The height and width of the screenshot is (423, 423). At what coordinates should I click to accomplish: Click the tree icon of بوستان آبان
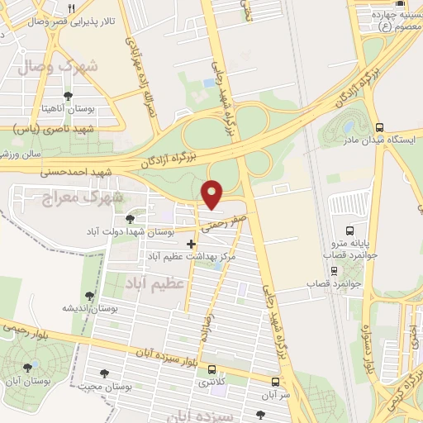tap(28, 368)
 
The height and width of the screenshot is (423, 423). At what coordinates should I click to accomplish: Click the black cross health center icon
tap(192, 244)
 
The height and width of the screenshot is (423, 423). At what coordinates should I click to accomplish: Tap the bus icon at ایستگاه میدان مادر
tap(379, 127)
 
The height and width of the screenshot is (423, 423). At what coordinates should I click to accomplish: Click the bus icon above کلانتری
tap(213, 369)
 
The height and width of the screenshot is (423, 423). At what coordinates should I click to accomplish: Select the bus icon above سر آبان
tap(275, 383)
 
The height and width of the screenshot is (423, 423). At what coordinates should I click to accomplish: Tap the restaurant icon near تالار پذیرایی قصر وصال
tap(71, 9)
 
